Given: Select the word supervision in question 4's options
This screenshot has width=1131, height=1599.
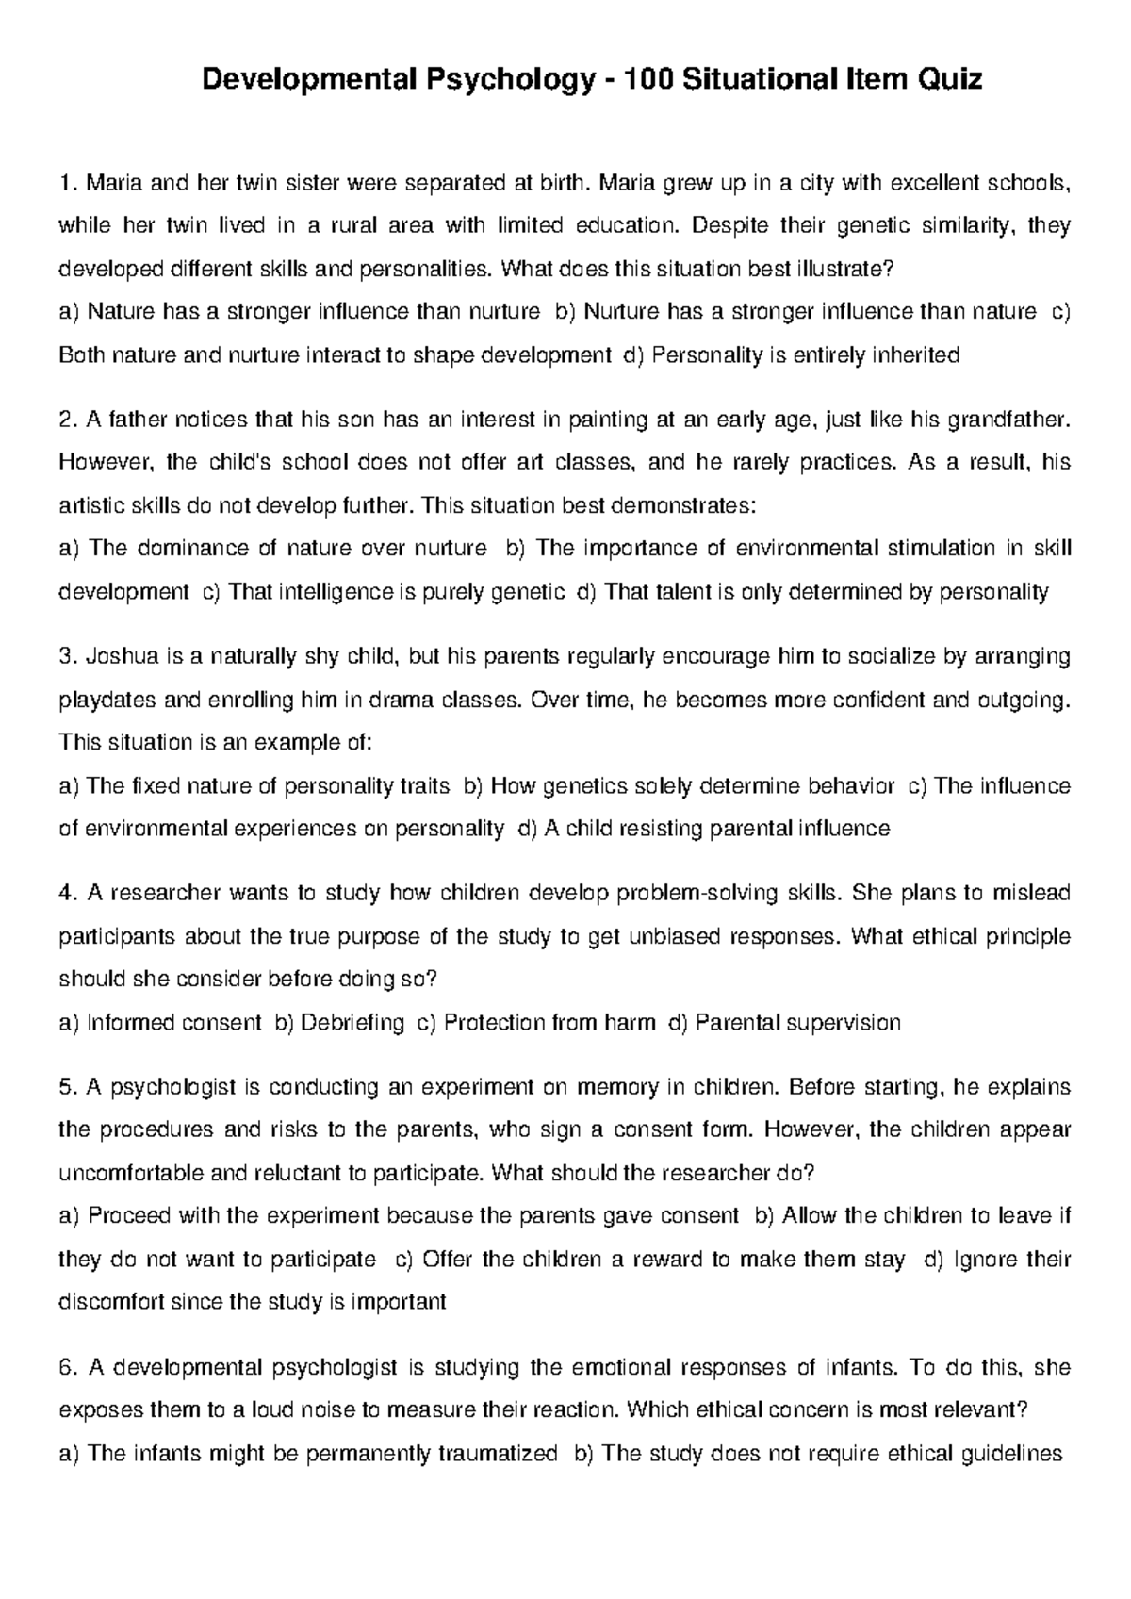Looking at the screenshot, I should (x=844, y=1022).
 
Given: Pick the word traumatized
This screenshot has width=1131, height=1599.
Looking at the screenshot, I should (x=498, y=1454).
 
